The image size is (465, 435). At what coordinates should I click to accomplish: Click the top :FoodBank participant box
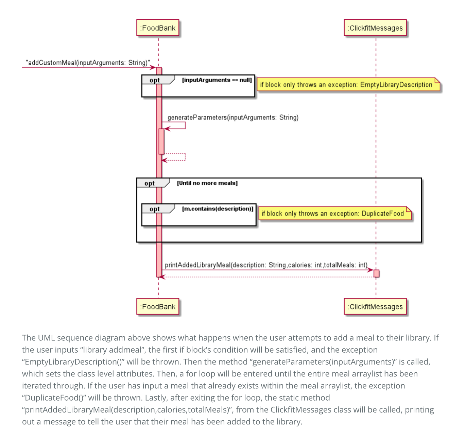158,28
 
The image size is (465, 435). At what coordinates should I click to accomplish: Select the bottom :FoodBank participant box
158,306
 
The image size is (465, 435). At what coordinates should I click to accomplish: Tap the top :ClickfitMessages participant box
375,28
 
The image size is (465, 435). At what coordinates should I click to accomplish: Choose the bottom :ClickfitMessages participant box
375,306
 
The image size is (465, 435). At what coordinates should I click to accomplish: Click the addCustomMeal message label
88,63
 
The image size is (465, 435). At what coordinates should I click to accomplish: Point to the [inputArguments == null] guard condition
217,80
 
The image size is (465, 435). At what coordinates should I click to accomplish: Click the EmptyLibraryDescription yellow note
348,84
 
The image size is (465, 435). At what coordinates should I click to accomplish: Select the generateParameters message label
233,117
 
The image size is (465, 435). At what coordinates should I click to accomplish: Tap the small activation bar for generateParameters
161,141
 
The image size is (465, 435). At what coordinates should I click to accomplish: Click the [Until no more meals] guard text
207,183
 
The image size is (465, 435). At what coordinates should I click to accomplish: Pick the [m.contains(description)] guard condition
218,209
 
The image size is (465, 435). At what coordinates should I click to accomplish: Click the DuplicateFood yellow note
335,213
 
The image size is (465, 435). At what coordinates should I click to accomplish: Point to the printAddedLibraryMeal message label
266,265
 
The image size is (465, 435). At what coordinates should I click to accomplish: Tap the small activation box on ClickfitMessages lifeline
376,273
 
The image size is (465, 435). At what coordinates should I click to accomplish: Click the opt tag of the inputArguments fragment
155,80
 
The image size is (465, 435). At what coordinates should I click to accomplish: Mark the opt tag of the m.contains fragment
155,209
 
